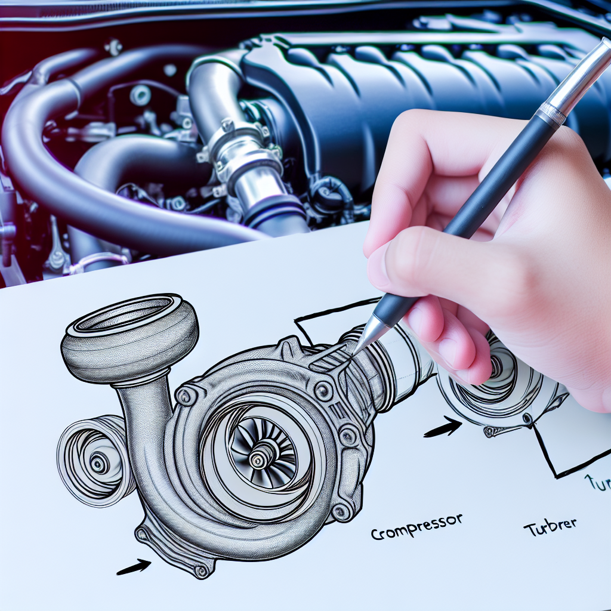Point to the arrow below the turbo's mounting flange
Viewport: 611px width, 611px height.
coord(134,567)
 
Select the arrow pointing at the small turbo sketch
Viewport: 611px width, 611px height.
coord(443,427)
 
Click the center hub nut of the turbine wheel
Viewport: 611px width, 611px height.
coord(258,459)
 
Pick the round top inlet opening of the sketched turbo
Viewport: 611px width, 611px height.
coord(130,316)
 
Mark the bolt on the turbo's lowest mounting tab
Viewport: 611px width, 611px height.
coord(202,570)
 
